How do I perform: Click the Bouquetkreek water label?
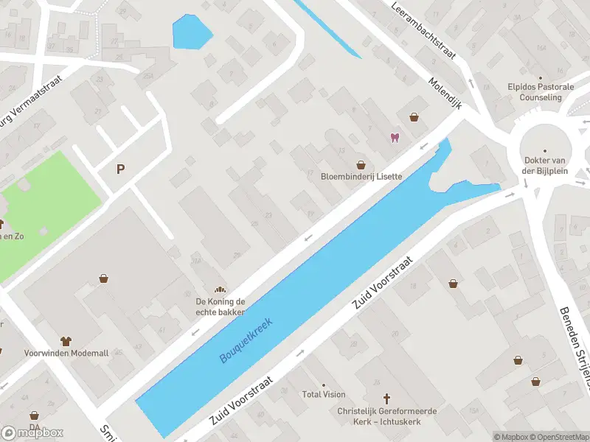coord(246,340)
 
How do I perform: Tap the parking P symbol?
coord(120,169)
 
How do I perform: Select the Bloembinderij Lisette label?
coord(361,177)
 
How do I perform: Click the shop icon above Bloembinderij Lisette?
coord(361,165)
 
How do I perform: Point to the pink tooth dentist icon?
coord(394,138)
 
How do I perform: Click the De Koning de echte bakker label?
coord(220,306)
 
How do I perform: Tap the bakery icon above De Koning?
coord(219,290)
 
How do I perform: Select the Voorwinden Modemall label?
coord(66,353)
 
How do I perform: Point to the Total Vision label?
coord(323,394)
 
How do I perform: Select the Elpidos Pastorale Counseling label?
coord(541,92)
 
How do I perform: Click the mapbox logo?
coord(33,433)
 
